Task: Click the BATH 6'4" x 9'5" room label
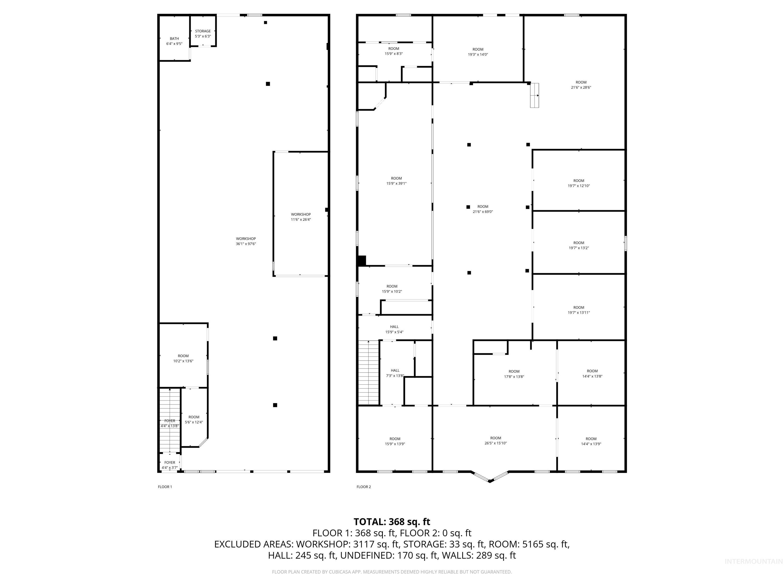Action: (x=174, y=41)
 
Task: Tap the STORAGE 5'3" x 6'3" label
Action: (x=203, y=34)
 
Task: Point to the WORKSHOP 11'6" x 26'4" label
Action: (x=301, y=217)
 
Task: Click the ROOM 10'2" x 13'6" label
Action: (x=183, y=358)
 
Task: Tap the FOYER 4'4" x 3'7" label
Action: (x=170, y=465)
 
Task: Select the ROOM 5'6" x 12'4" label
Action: (x=194, y=420)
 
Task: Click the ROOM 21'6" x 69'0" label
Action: (x=483, y=209)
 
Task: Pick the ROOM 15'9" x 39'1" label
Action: (x=396, y=181)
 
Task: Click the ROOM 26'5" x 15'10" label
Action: (x=496, y=440)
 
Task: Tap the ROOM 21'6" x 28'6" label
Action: (x=581, y=85)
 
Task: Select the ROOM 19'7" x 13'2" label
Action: (x=579, y=245)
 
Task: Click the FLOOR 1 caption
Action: (x=165, y=487)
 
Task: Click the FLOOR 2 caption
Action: (x=364, y=487)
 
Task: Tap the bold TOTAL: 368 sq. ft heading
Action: (x=392, y=522)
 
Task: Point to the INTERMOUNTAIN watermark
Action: (x=753, y=561)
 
